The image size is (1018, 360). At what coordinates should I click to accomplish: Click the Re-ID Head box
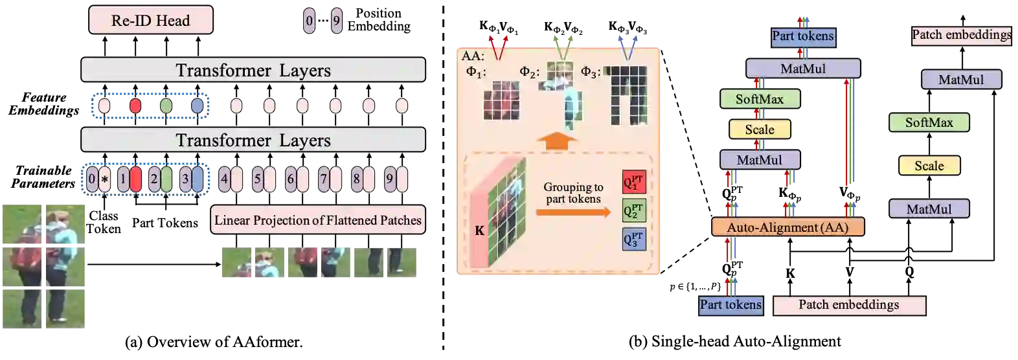point(150,21)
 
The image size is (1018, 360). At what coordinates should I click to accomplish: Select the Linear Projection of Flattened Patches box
point(317,220)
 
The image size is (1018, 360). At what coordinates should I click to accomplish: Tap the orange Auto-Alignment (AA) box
point(787,227)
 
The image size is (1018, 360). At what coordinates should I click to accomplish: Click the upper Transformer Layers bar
point(253,70)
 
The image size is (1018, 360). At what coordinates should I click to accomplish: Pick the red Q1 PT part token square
point(633,183)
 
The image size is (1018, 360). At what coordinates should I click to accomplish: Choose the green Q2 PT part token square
point(633,210)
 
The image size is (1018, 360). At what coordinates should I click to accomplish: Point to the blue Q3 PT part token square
point(633,239)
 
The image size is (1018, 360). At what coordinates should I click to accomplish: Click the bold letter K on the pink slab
point(479,231)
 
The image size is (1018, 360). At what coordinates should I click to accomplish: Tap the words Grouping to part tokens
point(573,193)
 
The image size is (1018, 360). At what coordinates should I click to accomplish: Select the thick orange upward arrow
point(558,139)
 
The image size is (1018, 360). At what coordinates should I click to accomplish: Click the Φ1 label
point(475,72)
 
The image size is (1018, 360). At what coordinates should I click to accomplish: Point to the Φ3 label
point(590,72)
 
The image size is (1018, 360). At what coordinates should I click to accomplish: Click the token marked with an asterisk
point(105,179)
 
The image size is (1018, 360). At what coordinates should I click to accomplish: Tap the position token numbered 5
point(257,179)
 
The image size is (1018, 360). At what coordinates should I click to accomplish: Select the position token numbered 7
point(323,179)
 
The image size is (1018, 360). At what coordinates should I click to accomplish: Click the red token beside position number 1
point(135,179)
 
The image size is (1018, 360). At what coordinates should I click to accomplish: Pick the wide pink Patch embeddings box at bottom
point(848,305)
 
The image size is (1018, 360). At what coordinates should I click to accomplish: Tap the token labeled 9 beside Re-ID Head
point(336,21)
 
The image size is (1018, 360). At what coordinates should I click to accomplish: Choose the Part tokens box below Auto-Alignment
point(730,305)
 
